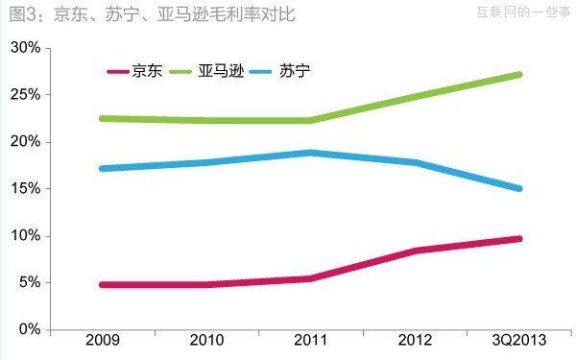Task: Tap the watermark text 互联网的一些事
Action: [x=521, y=12]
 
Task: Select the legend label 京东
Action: [x=149, y=71]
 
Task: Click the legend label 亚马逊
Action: [x=221, y=71]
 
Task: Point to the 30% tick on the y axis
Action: [x=26, y=48]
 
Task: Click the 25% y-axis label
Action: [x=26, y=95]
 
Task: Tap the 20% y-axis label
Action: [x=26, y=142]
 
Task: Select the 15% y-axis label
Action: [x=26, y=189]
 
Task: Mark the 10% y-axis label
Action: [x=26, y=236]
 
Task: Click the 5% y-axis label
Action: [x=29, y=283]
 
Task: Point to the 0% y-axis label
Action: [x=29, y=329]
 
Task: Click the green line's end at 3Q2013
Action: [x=519, y=74]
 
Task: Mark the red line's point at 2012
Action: [x=415, y=251]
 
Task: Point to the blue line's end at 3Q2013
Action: [x=519, y=188]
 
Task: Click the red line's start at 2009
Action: [x=102, y=284]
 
